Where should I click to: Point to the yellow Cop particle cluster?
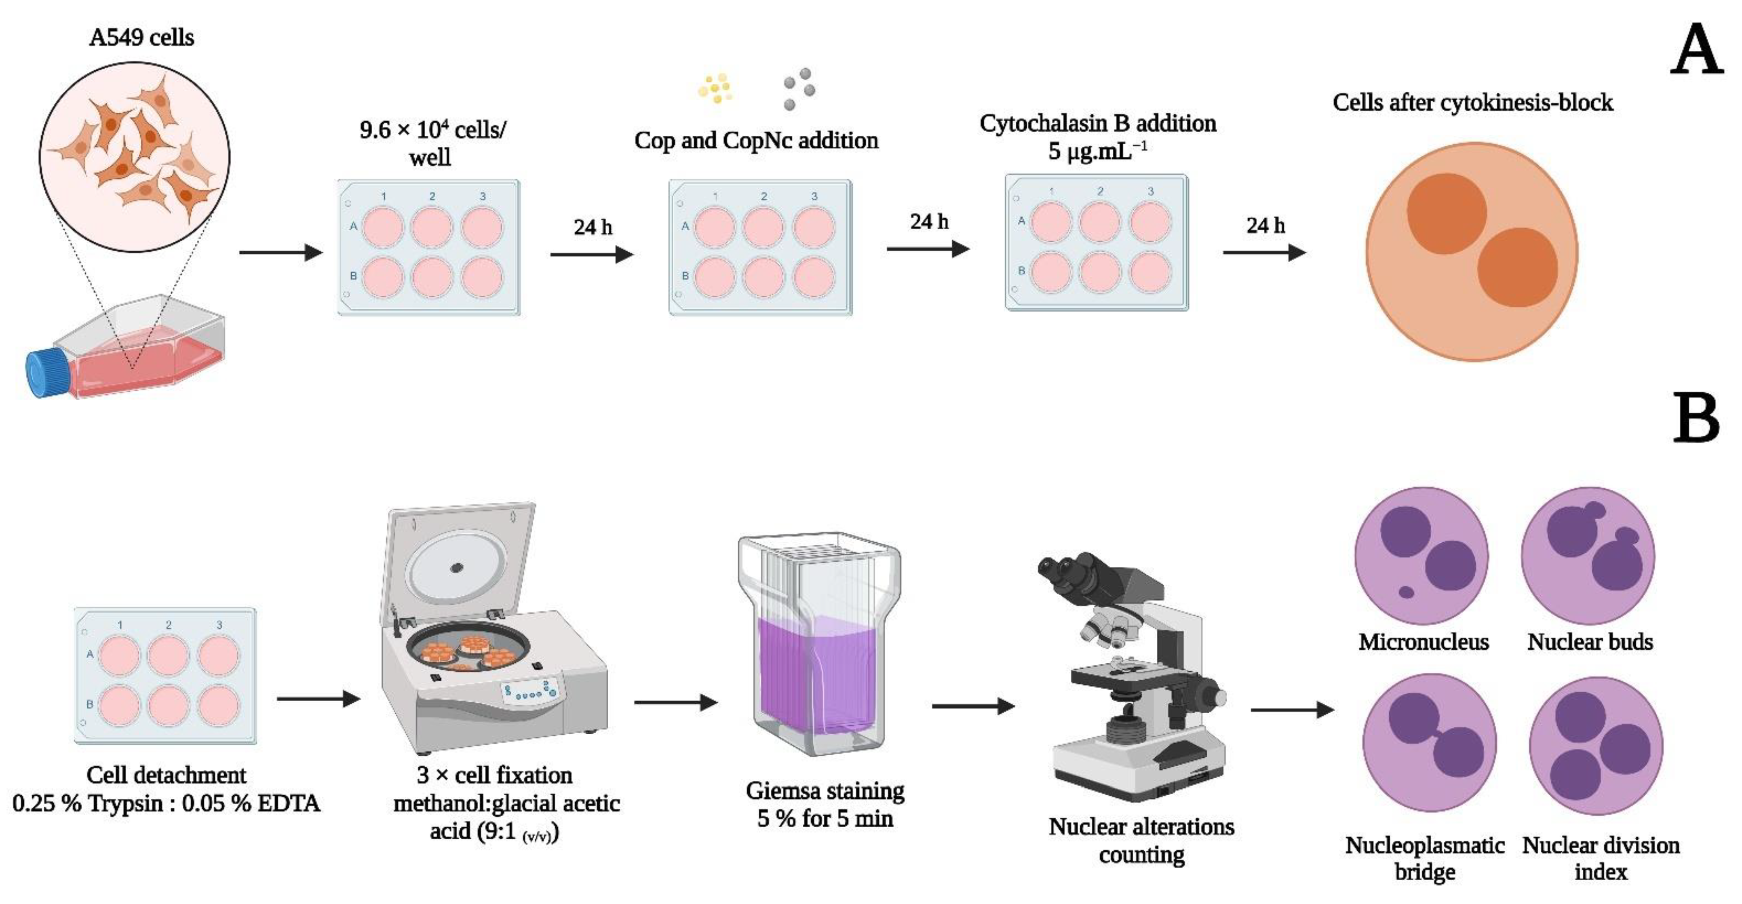pos(715,89)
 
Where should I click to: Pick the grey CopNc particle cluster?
pos(799,88)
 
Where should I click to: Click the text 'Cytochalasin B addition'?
pos(1098,124)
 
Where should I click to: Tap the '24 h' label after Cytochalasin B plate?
pos(1265,225)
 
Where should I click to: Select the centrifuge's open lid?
pos(460,565)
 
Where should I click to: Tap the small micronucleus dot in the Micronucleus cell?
pos(1406,592)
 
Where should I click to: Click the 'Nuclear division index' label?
pos(1601,858)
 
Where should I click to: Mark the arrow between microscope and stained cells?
pos(1292,710)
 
